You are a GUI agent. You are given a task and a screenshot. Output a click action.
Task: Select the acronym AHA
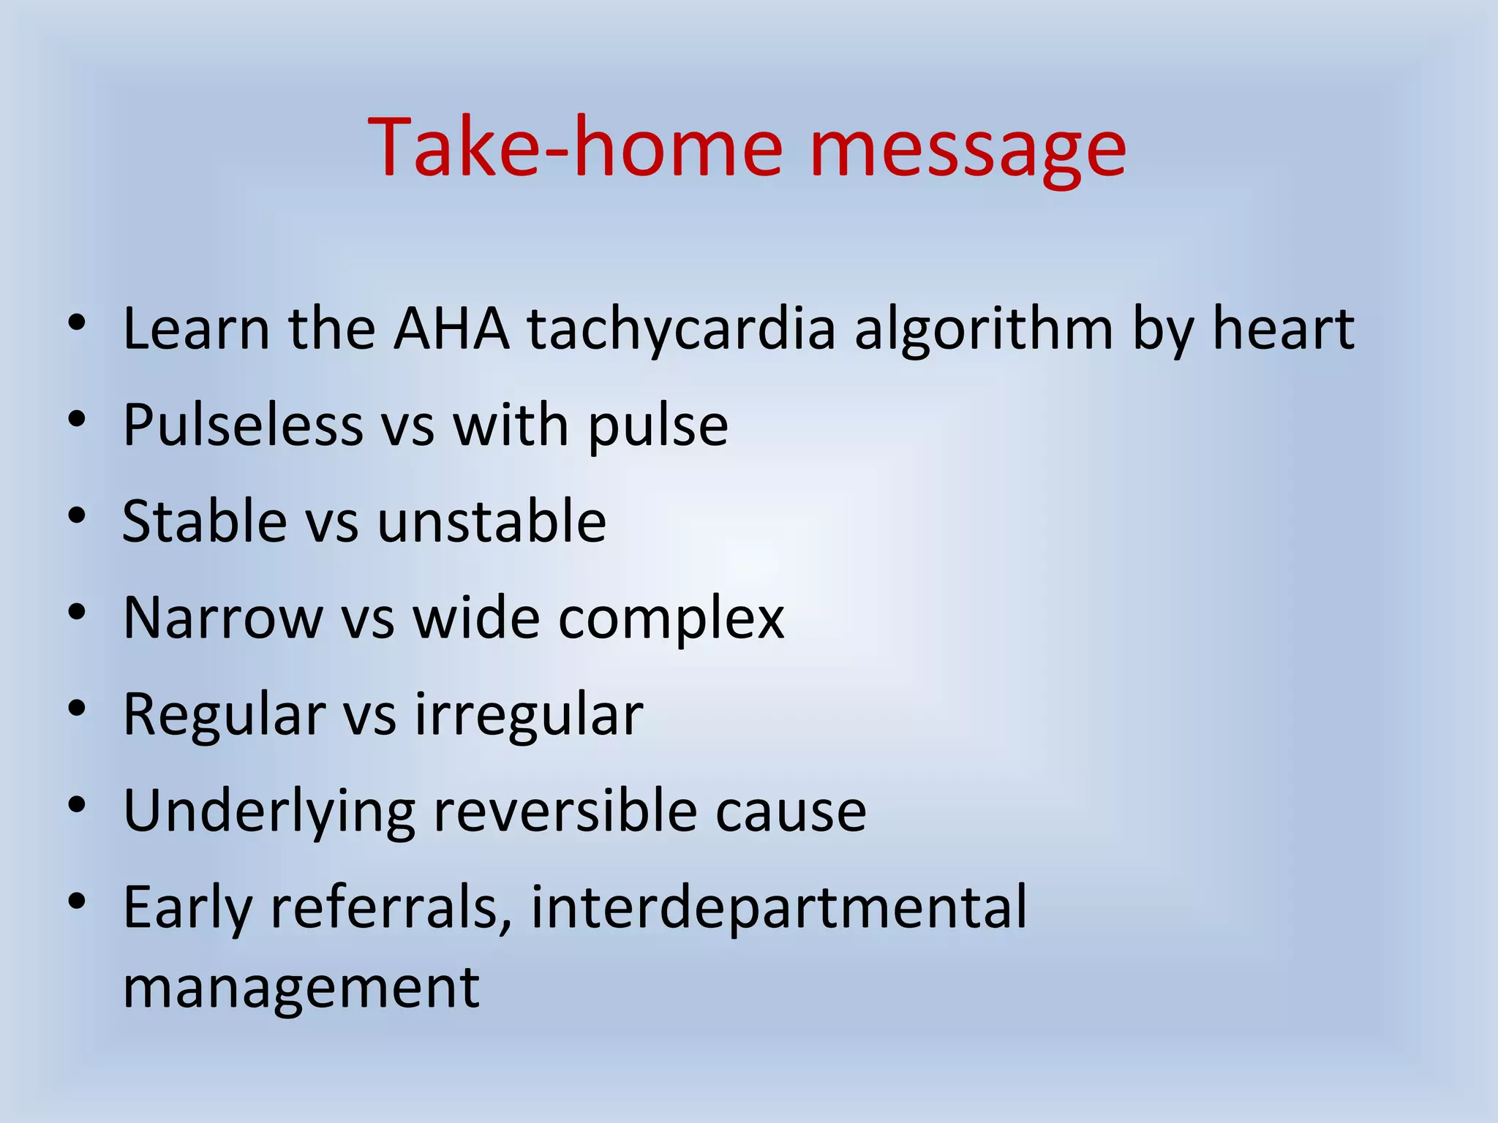pyautogui.click(x=451, y=329)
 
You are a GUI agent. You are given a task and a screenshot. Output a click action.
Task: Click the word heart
pyautogui.click(x=1283, y=329)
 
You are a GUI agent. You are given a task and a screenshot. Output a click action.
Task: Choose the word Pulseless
pyautogui.click(x=242, y=425)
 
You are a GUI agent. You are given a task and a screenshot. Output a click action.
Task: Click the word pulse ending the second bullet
pyautogui.click(x=658, y=426)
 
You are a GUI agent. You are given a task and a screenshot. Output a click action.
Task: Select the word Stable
pyautogui.click(x=204, y=521)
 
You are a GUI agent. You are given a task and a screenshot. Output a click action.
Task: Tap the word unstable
pyautogui.click(x=492, y=521)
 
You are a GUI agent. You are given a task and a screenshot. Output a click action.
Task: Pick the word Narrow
pyautogui.click(x=222, y=619)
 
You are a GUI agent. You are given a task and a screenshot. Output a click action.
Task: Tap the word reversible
pyautogui.click(x=565, y=812)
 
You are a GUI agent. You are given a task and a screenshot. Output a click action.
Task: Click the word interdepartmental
pyautogui.click(x=778, y=908)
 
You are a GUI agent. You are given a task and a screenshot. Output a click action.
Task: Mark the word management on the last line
pyautogui.click(x=301, y=988)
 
